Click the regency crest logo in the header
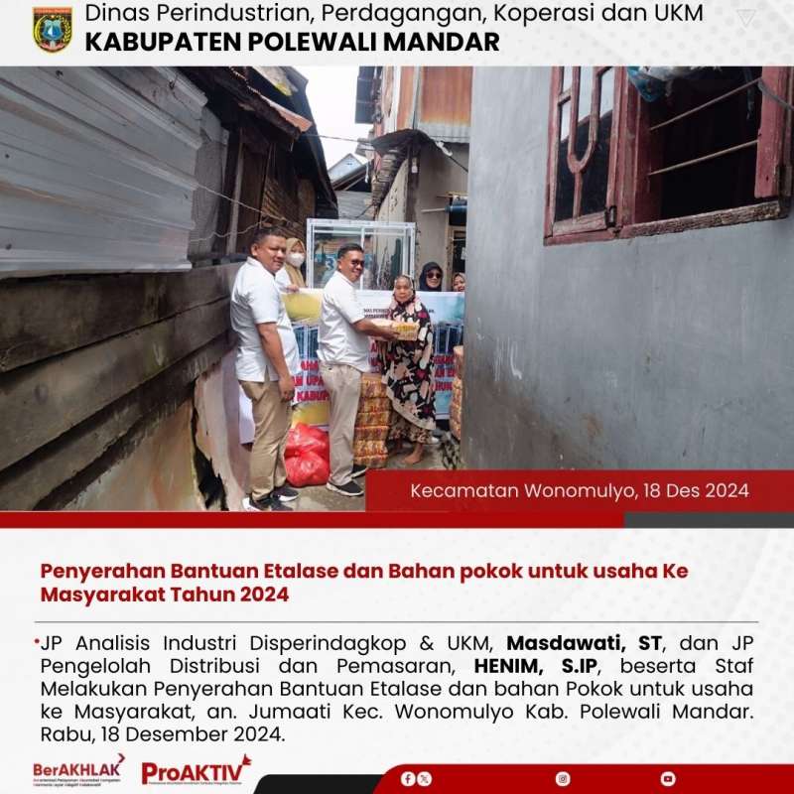[52, 29]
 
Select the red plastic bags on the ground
[307, 455]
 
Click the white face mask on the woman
[295, 260]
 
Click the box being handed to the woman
[404, 329]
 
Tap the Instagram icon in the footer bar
[563, 779]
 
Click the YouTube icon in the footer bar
[668, 779]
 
